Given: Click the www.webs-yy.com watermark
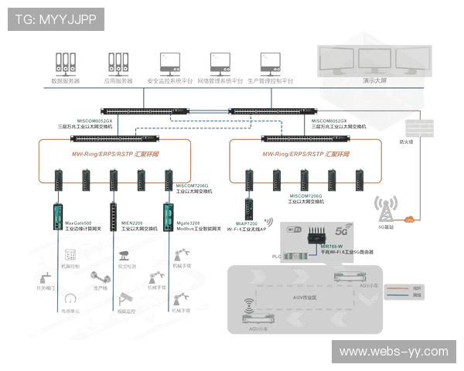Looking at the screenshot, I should point(394,352).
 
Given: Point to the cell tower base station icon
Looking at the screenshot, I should point(384,209).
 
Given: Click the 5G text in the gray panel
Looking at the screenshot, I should point(342,230).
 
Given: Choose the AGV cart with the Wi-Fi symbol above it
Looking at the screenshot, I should point(258,318).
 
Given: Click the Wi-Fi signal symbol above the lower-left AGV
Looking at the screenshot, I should point(248,303).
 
